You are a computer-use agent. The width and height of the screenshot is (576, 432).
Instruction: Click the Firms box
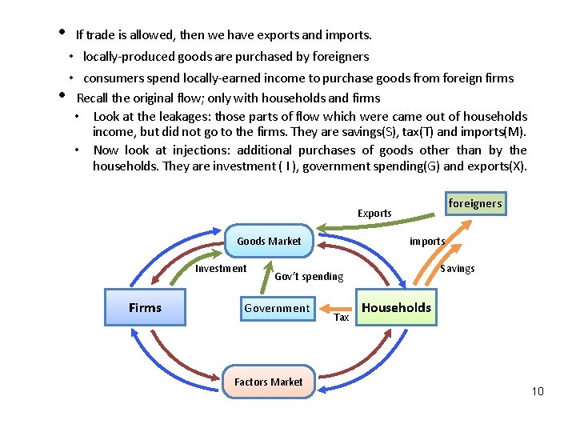coord(145,308)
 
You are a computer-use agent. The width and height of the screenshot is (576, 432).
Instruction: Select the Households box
coord(397,308)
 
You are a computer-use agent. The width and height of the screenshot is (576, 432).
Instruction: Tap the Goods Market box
coord(269,241)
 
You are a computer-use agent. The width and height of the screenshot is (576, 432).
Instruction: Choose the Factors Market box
coord(268,382)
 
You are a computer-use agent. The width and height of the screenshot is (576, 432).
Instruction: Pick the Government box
coord(277,308)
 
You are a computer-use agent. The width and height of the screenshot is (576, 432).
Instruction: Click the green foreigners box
coord(475,203)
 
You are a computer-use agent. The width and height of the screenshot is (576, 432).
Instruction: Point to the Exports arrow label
coord(374,214)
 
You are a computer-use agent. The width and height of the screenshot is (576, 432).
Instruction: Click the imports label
coord(427,241)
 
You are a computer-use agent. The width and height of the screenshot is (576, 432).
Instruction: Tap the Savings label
coord(457,269)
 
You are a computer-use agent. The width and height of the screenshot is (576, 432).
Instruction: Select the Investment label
coord(221,269)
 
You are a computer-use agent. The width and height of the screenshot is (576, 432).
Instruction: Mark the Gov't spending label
coord(309,277)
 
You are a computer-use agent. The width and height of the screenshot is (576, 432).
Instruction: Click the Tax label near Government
coord(342,318)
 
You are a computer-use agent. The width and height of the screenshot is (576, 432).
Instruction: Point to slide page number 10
coord(537,391)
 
